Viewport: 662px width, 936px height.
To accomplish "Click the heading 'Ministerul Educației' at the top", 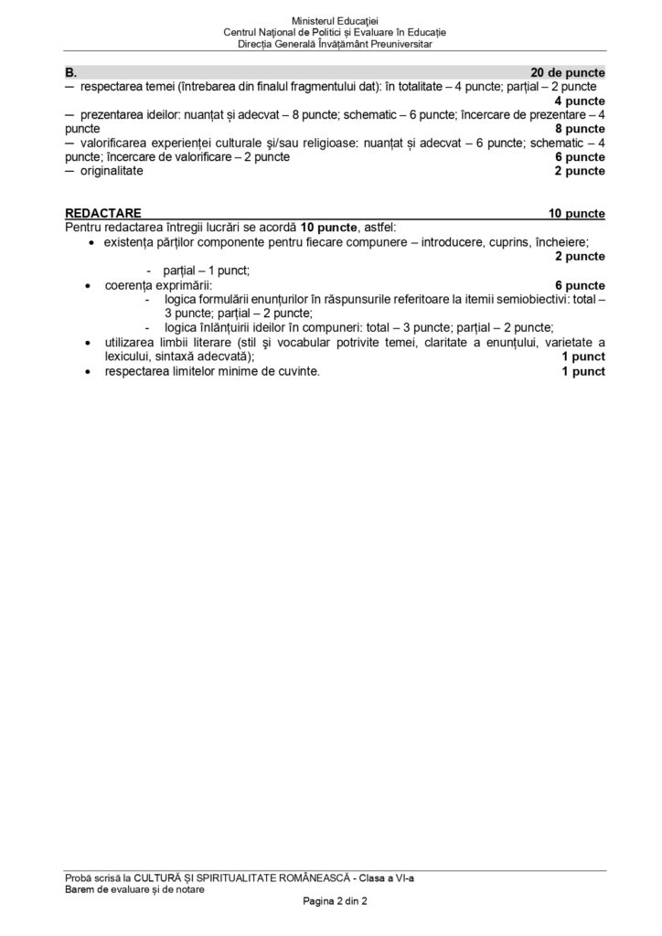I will point(334,20).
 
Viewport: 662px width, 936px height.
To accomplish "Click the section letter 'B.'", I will point(70,71).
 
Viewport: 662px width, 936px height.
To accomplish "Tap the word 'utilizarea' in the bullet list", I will point(132,342).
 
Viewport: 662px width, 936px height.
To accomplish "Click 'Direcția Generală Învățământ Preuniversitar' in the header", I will point(334,43).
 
